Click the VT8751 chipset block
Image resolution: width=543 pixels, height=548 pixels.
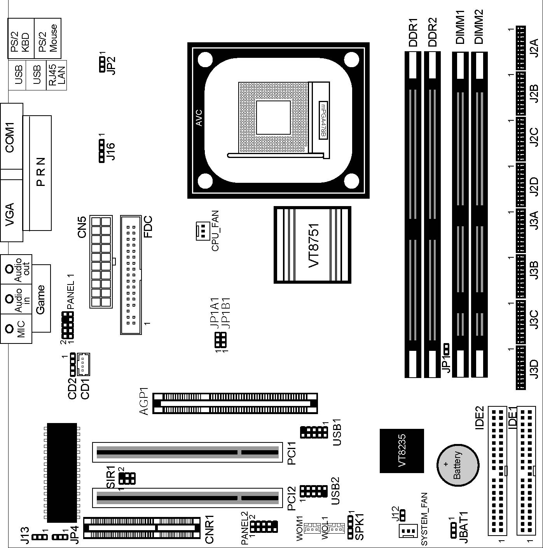(312, 245)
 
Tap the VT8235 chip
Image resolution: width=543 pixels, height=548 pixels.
(402, 451)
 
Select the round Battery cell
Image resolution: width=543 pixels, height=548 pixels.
(458, 465)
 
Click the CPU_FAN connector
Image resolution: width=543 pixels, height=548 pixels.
(203, 231)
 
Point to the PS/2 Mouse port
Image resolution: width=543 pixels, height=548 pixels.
(47, 38)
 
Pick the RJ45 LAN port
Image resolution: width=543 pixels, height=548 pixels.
(56, 75)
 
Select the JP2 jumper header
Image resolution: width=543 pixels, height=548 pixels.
(102, 64)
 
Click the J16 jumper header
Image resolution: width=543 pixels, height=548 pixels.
(102, 151)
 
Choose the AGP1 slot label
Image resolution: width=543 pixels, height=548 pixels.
(145, 403)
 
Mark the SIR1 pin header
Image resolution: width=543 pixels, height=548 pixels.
(127, 478)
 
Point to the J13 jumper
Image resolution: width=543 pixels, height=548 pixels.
(39, 537)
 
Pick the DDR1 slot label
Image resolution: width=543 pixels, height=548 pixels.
(413, 32)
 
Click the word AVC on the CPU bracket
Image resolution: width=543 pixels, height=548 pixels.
(199, 118)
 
